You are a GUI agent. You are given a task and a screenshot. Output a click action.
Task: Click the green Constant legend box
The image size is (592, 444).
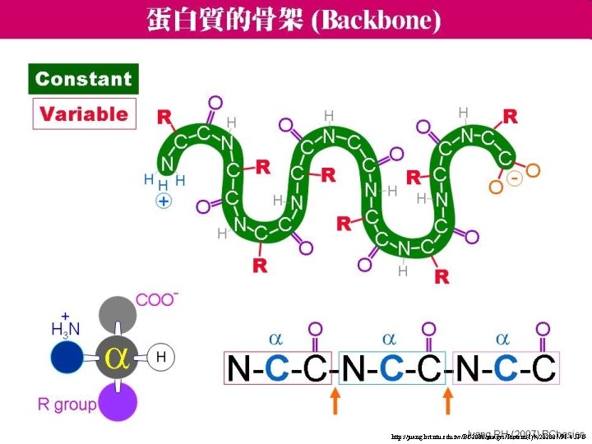tap(84, 79)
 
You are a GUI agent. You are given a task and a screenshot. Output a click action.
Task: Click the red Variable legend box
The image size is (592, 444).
tap(84, 114)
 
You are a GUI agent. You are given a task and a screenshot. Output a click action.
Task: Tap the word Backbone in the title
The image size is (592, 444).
tap(375, 19)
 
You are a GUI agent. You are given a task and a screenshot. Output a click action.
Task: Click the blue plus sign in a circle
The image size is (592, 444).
tap(164, 201)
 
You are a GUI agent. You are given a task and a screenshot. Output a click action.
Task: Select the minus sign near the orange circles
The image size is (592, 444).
tap(515, 178)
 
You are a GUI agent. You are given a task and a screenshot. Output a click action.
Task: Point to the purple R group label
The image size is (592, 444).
tap(67, 404)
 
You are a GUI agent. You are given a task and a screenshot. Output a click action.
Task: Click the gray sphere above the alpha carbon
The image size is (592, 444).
tap(115, 315)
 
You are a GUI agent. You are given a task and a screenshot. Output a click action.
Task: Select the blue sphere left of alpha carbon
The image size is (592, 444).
tap(67, 358)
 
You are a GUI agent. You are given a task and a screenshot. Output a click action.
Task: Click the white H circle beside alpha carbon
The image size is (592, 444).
tap(161, 357)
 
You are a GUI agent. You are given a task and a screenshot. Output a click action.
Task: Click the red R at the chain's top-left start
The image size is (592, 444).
tap(165, 117)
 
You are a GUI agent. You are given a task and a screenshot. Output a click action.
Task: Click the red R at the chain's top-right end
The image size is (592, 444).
tap(511, 116)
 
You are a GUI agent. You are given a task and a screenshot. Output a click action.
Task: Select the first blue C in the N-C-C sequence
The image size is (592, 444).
tap(278, 370)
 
